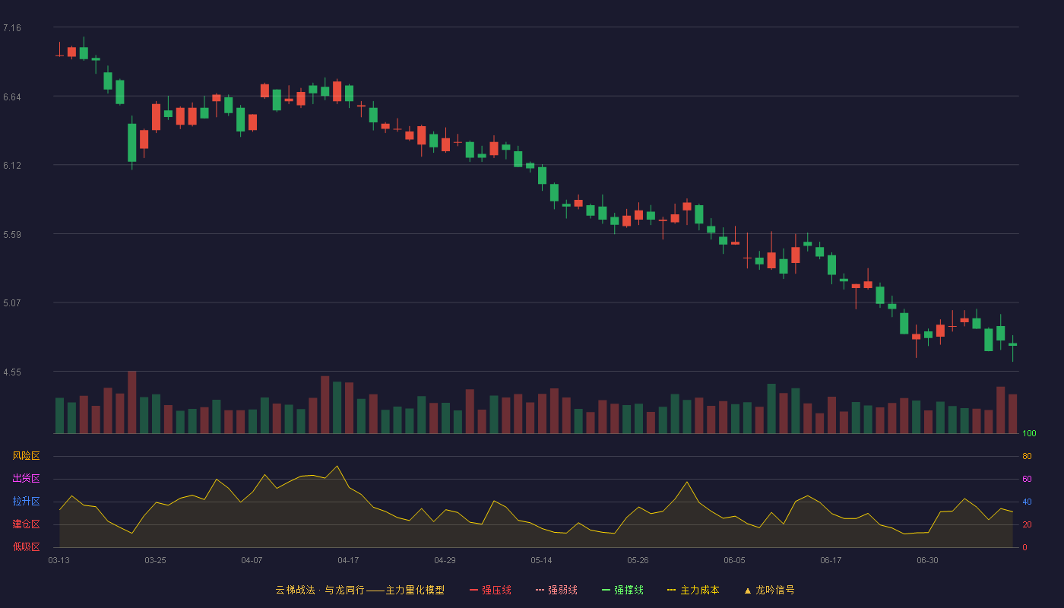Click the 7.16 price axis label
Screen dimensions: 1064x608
coord(12,28)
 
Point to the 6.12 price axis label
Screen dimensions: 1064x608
coord(12,166)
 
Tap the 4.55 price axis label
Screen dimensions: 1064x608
coord(12,372)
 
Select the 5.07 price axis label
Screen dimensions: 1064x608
coord(12,303)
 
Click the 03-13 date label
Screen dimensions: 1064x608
coord(59,561)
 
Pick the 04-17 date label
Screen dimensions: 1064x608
coord(348,561)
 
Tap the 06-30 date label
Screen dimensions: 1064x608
coord(927,561)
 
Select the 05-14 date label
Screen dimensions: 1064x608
coord(541,561)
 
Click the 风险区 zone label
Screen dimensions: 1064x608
coord(26,456)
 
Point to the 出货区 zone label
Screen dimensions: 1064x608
coord(26,478)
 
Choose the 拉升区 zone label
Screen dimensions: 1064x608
coord(26,501)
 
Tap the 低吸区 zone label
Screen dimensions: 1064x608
coord(26,546)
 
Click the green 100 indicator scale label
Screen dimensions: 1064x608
coord(1029,433)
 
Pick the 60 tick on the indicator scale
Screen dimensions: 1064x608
coord(1027,479)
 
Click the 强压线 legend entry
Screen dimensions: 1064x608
coord(490,591)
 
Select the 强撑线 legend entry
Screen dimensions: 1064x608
coord(622,591)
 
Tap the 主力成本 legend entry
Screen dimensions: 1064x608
coord(693,591)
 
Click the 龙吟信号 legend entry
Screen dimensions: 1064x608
coord(769,591)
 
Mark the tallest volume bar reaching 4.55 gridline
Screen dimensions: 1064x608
coord(132,402)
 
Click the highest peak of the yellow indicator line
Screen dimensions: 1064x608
coord(337,466)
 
